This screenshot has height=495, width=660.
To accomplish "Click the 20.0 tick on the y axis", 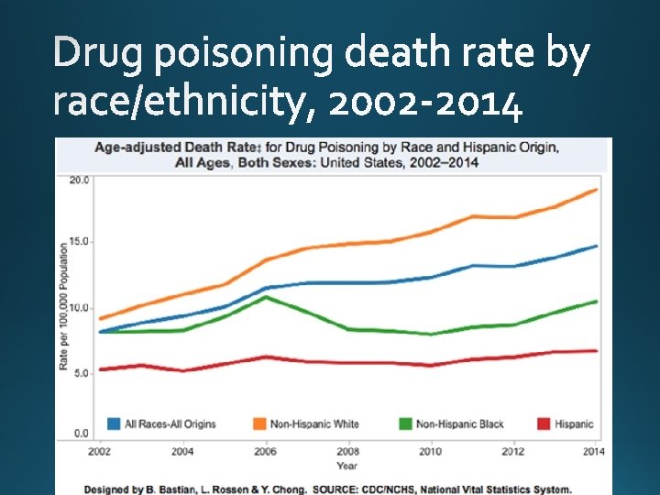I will click(x=80, y=180).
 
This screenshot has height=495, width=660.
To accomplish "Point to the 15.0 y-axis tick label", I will click(x=80, y=242).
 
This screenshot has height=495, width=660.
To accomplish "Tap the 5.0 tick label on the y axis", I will click(x=82, y=373).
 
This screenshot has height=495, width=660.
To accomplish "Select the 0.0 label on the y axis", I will click(x=82, y=433).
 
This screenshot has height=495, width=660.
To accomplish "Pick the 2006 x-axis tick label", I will click(x=265, y=451).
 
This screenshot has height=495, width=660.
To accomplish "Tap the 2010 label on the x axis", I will click(x=431, y=451).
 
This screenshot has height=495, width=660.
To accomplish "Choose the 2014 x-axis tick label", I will click(x=593, y=451).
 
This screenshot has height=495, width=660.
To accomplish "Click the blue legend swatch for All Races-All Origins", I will click(x=114, y=423).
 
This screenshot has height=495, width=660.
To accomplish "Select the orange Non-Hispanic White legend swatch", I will click(x=259, y=423).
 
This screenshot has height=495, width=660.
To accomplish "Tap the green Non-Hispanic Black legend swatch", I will click(x=405, y=423).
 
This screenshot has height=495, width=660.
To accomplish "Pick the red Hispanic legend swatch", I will click(x=543, y=423).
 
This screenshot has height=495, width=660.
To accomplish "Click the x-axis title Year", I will click(x=346, y=466).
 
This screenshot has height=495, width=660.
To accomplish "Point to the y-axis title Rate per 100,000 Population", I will click(x=64, y=306).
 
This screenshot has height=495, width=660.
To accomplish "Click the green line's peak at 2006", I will click(x=265, y=297).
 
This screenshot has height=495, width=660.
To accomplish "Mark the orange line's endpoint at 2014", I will click(x=597, y=190).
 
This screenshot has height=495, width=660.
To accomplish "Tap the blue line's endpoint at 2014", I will click(x=597, y=246).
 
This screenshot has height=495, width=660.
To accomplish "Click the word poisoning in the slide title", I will click(x=244, y=58).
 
